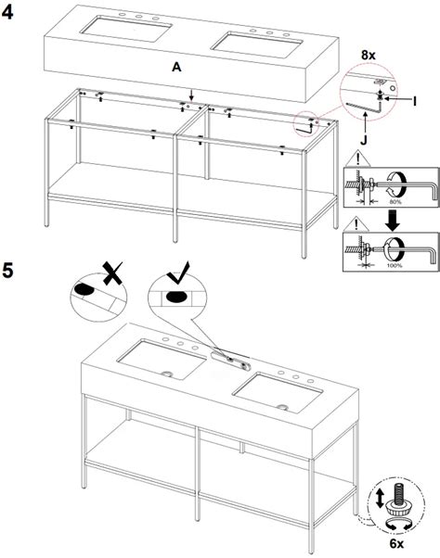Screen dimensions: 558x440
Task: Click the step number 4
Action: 11,11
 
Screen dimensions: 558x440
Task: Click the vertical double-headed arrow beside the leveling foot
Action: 380,497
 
